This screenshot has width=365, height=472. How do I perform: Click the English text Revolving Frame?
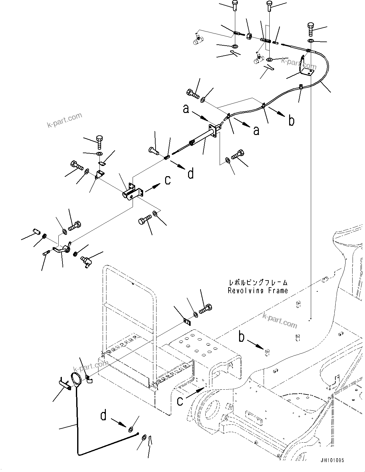pyautogui.click(x=258, y=291)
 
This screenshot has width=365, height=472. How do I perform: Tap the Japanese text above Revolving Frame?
pyautogui.click(x=258, y=282)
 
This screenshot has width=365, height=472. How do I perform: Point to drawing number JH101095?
pyautogui.click(x=333, y=461)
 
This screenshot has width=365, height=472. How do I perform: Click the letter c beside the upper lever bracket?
pyautogui.click(x=167, y=180)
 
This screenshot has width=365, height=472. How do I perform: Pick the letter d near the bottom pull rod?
pyautogui.click(x=103, y=416)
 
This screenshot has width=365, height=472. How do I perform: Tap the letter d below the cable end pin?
pyautogui.click(x=191, y=174)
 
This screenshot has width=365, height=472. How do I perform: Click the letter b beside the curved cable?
pyautogui.click(x=291, y=121)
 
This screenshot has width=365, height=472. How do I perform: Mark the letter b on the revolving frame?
pyautogui.click(x=242, y=337)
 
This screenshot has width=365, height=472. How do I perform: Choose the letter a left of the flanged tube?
pyautogui.click(x=186, y=109)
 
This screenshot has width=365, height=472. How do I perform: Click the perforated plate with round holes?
pyautogui.click(x=199, y=346)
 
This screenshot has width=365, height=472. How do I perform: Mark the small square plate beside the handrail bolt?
pyautogui.click(x=187, y=322)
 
